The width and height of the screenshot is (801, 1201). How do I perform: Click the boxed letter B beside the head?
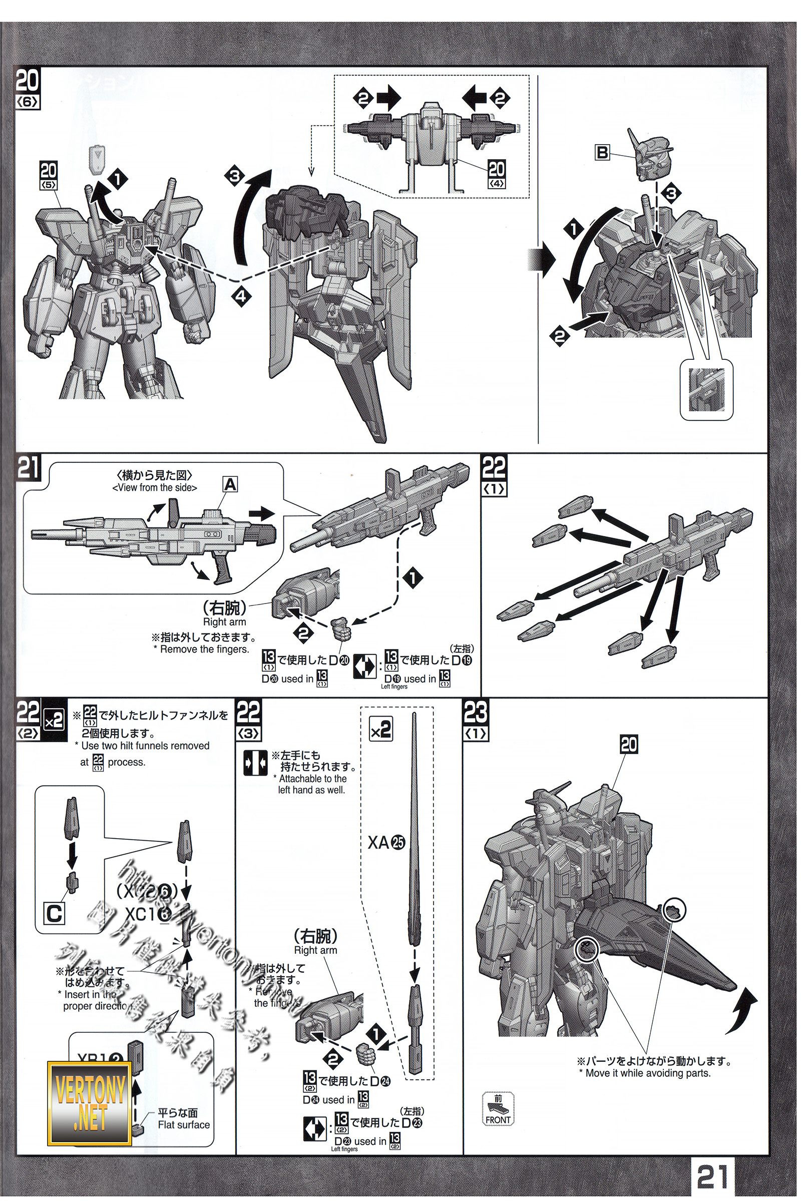pos(603,152)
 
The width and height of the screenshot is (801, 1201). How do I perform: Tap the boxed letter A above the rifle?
pos(230,483)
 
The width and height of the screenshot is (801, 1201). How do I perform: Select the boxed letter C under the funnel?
pos(55,915)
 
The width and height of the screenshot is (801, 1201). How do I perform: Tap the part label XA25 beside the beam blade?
pos(386,842)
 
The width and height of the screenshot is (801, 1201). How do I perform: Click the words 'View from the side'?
pos(154,487)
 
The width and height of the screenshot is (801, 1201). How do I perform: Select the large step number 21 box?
pos(29,468)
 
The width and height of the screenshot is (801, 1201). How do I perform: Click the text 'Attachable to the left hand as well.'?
pos(311,784)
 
